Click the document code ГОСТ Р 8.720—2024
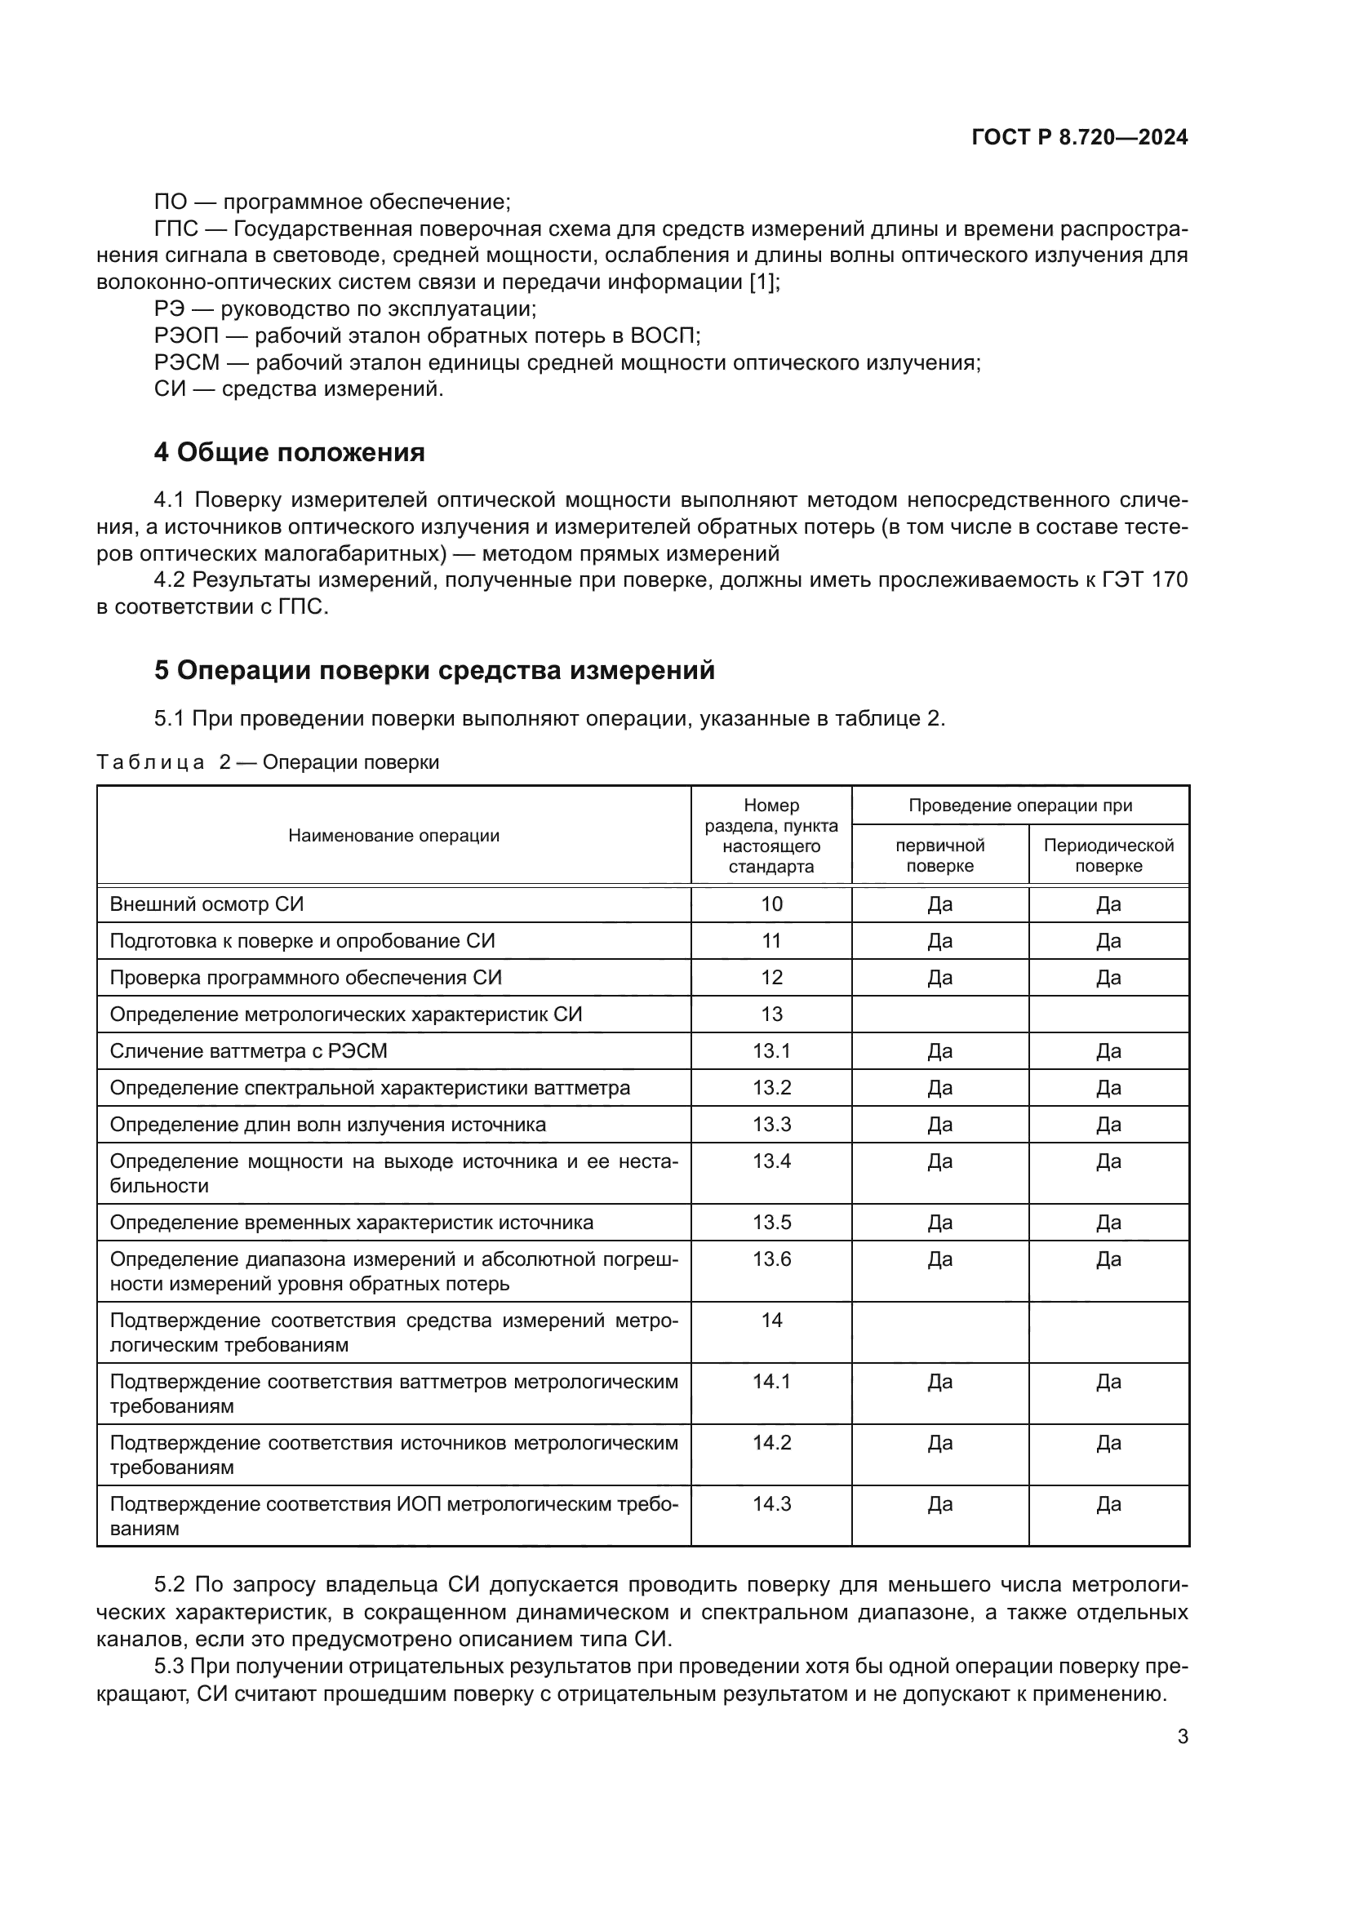point(1079,138)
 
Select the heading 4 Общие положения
point(288,452)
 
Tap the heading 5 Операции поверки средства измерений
point(434,670)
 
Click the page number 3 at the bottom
point(1182,1737)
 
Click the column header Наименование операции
point(393,836)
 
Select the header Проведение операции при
point(1020,805)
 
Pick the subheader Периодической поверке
point(1108,855)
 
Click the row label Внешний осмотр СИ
point(206,903)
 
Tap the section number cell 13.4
point(771,1161)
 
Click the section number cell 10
point(771,903)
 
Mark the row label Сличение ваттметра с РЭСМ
point(248,1051)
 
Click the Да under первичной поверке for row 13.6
point(939,1259)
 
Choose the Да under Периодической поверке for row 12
point(1108,978)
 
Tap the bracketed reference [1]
point(763,282)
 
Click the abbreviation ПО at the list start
point(171,202)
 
